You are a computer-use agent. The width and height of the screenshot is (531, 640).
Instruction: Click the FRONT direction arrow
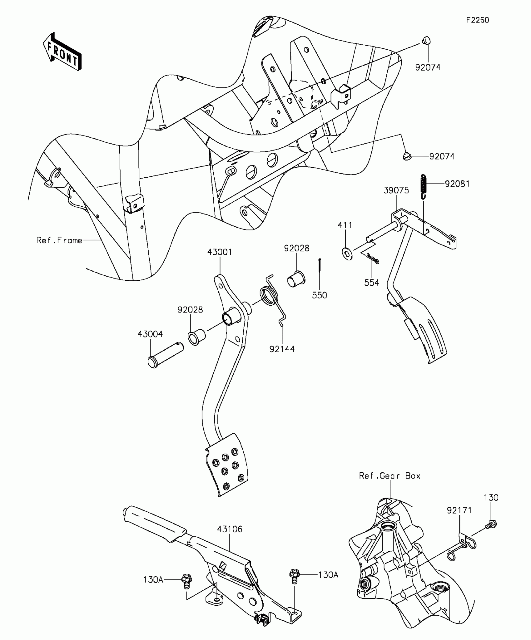(62, 51)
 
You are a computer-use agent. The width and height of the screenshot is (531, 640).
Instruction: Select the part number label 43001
(220, 252)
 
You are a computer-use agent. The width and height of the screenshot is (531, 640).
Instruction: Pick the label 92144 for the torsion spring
(282, 349)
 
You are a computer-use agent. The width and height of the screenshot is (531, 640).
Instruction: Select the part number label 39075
(396, 190)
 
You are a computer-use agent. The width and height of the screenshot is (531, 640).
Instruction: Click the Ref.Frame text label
(59, 240)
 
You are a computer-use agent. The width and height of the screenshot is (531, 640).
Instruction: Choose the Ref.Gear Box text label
(390, 476)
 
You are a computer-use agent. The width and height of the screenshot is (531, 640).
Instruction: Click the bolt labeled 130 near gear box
(492, 524)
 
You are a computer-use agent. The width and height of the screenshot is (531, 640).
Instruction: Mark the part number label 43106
(230, 529)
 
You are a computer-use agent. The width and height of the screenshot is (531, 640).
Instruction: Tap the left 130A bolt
(186, 581)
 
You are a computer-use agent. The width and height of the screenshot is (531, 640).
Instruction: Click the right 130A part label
(328, 575)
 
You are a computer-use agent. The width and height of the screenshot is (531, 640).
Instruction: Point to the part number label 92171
(459, 510)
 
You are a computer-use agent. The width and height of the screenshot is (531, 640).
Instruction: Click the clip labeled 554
(372, 258)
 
